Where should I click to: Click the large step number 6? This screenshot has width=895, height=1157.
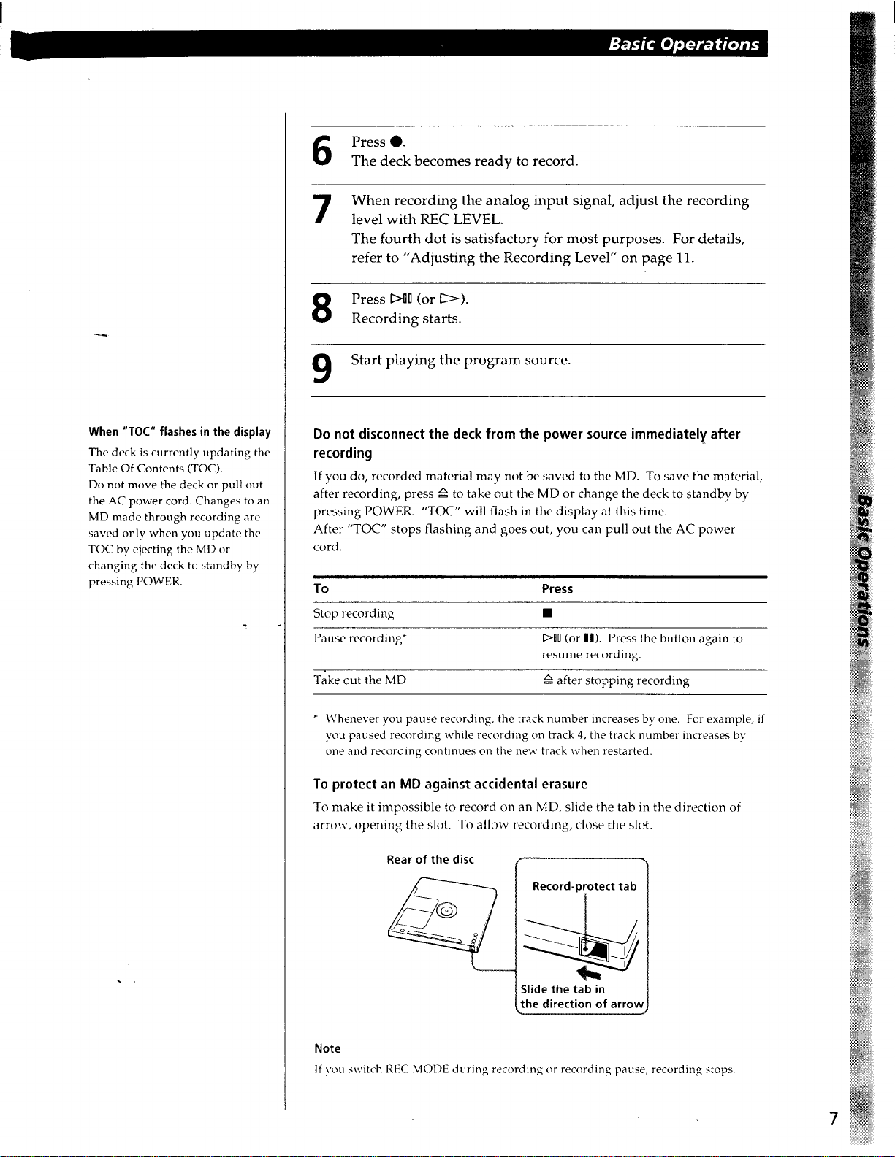(322, 151)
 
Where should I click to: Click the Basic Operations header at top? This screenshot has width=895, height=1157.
(684, 44)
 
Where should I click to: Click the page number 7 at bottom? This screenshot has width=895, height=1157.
(833, 1119)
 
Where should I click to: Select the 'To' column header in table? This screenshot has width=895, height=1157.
(321, 588)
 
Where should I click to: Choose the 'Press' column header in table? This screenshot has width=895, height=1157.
(557, 588)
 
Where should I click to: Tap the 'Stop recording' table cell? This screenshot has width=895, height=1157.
(354, 613)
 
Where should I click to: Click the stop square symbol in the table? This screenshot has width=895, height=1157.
(546, 614)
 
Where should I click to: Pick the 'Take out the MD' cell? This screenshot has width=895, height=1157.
(359, 680)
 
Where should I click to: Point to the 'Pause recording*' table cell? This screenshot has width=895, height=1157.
(359, 639)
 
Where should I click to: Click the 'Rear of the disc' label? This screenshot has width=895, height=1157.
(430, 859)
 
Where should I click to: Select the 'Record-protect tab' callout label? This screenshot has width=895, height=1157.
(584, 886)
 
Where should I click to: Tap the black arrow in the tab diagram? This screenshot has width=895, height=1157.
(588, 974)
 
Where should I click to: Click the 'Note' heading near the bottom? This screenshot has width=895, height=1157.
(327, 1048)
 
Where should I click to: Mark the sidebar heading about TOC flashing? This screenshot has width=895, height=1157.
(179, 432)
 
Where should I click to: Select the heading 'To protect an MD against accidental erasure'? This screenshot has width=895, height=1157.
(450, 784)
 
